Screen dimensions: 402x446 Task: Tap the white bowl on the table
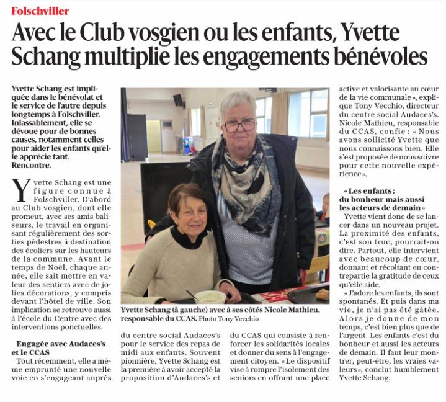tap(210, 297)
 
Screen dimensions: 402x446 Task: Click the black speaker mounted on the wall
tap(178, 100)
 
